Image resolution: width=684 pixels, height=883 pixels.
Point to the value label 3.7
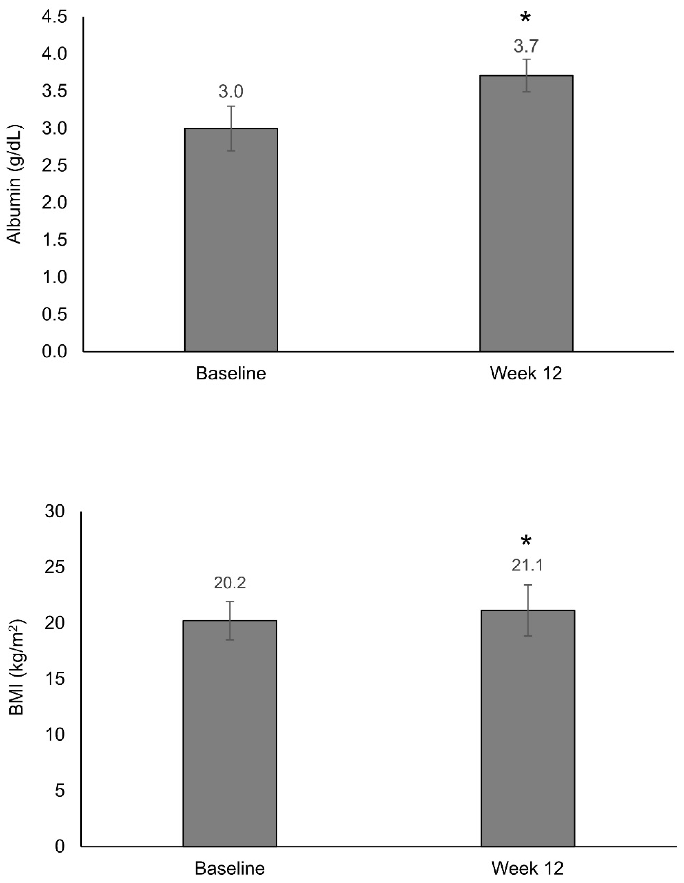point(526,46)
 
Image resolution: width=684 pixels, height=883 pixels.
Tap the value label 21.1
point(527,565)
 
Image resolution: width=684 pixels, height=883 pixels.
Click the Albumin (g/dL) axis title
point(15,184)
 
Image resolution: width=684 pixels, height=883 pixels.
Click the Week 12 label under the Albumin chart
point(526,373)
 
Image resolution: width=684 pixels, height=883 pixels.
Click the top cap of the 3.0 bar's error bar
point(231,106)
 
